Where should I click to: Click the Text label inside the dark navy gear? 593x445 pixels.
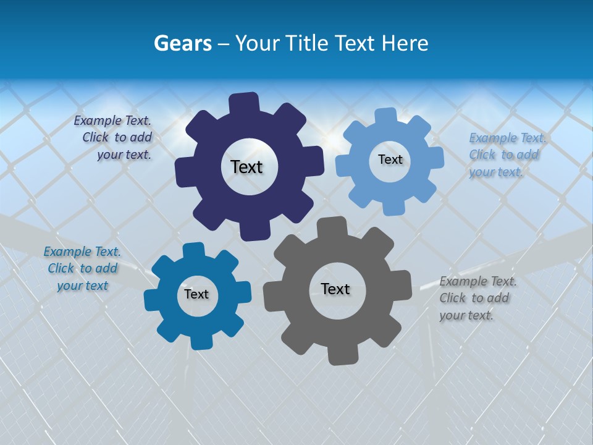click(x=246, y=167)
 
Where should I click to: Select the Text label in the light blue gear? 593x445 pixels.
click(x=390, y=159)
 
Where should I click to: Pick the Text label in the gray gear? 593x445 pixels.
click(x=335, y=289)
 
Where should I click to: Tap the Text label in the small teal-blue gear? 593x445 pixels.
click(x=196, y=294)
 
